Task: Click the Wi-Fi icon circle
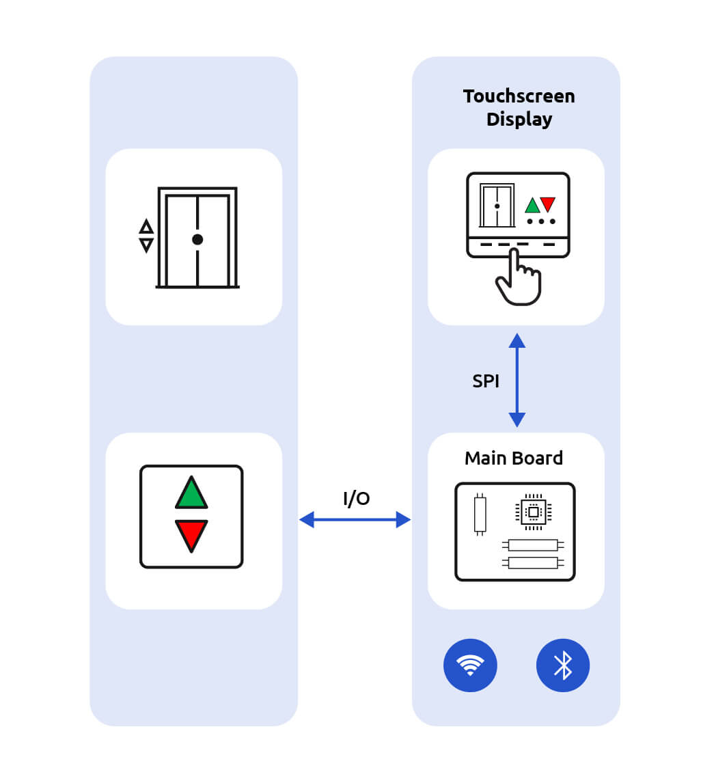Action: [470, 665]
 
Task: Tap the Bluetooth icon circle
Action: [562, 665]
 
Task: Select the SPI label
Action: [486, 381]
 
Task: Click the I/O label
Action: [356, 499]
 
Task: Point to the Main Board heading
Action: [514, 458]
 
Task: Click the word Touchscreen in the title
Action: [519, 96]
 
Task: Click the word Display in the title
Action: [519, 120]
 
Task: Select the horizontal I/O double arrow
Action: [355, 520]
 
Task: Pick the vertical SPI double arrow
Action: [517, 380]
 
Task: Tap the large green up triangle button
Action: [191, 494]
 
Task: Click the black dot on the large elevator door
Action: [197, 239]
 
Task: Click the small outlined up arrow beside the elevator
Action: [146, 226]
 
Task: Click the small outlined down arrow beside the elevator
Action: [146, 245]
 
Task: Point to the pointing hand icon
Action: [519, 279]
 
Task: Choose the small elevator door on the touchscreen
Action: [497, 205]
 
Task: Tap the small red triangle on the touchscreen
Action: [548, 204]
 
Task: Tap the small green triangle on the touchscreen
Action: [532, 206]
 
